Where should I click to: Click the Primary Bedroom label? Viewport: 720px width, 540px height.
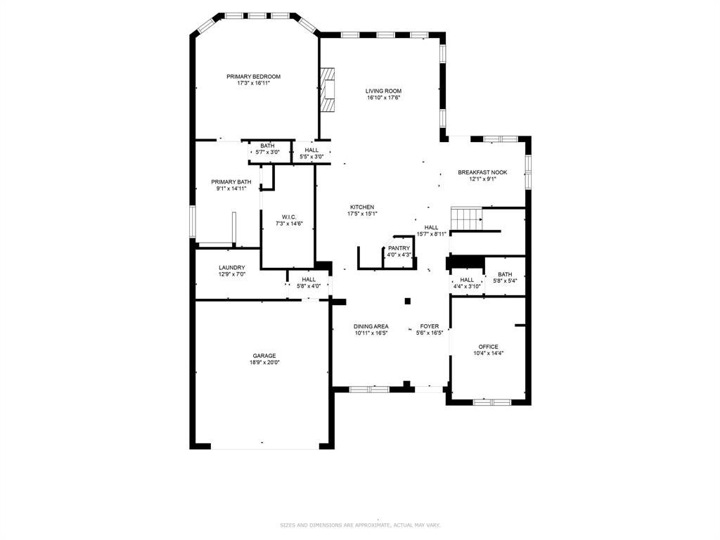(x=253, y=77)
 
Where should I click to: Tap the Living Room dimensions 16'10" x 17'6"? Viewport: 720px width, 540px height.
(x=384, y=98)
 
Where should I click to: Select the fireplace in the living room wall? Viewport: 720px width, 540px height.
(x=327, y=89)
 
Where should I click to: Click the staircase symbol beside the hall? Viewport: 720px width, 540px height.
(x=466, y=218)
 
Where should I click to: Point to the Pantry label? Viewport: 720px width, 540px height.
(x=399, y=248)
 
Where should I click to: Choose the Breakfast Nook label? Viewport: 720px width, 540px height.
(x=482, y=173)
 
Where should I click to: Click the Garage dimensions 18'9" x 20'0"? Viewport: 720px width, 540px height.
(x=264, y=362)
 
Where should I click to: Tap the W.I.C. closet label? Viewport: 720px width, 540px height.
(x=289, y=217)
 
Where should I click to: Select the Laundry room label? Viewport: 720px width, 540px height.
(x=232, y=268)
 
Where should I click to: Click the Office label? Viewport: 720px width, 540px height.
(x=488, y=347)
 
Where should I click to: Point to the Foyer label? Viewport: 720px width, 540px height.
(x=430, y=326)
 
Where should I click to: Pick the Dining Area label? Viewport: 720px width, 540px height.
(x=371, y=326)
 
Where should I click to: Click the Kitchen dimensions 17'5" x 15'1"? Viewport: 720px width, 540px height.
(x=362, y=214)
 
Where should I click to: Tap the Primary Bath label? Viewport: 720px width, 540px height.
(x=231, y=182)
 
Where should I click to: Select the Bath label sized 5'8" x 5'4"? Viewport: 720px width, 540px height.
(x=505, y=275)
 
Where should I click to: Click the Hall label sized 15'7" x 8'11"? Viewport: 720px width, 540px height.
(x=431, y=227)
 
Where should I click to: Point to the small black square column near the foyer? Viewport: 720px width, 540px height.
(x=407, y=301)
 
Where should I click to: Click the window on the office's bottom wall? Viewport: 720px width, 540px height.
(x=491, y=402)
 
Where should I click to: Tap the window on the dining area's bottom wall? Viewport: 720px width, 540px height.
(x=370, y=390)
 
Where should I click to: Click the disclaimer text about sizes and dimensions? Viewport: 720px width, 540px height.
(x=361, y=525)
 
